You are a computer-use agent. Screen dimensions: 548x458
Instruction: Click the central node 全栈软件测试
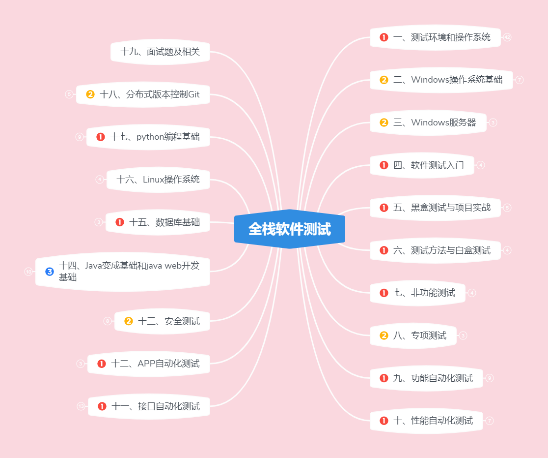pyautogui.click(x=290, y=229)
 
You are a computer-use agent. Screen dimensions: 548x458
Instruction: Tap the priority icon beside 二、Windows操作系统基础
pyautogui.click(x=384, y=80)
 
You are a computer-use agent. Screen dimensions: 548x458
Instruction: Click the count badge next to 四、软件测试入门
pyautogui.click(x=481, y=165)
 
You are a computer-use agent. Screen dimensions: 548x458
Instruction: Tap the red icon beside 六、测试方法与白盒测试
pyautogui.click(x=384, y=250)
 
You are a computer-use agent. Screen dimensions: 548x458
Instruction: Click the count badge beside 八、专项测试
pyautogui.click(x=463, y=336)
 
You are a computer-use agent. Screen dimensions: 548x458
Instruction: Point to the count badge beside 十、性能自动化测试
pyautogui.click(x=490, y=421)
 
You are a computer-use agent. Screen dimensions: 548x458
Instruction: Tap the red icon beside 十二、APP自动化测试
pyautogui.click(x=102, y=364)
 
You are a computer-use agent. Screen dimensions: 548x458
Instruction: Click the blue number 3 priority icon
pyautogui.click(x=49, y=271)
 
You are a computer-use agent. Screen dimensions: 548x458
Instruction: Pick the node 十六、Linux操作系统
pyautogui.click(x=158, y=180)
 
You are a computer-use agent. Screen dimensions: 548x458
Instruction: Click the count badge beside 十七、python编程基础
pyautogui.click(x=80, y=137)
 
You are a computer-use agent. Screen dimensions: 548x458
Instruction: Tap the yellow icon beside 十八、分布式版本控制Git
pyautogui.click(x=90, y=94)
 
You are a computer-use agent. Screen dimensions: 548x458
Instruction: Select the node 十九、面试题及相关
pyautogui.click(x=160, y=52)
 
